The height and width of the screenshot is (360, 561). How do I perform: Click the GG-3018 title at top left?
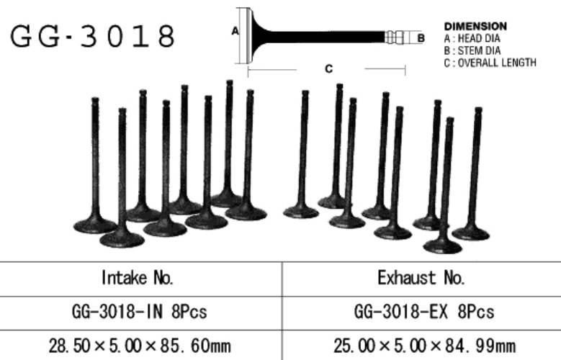[x=93, y=36]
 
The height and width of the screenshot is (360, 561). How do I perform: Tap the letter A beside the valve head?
[x=235, y=31]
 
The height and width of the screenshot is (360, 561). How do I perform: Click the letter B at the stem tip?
[x=421, y=38]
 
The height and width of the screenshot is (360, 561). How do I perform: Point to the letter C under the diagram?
[x=329, y=68]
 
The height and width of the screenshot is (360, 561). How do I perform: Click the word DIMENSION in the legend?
[x=475, y=26]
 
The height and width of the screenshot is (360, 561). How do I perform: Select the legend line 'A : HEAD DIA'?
[x=472, y=38]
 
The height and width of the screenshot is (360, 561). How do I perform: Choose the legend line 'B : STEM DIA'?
[x=472, y=50]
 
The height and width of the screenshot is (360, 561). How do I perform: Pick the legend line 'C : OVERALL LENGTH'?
[x=490, y=63]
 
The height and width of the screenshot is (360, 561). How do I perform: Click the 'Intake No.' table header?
[x=138, y=278]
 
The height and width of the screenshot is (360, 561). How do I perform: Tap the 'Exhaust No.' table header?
[x=421, y=278]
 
